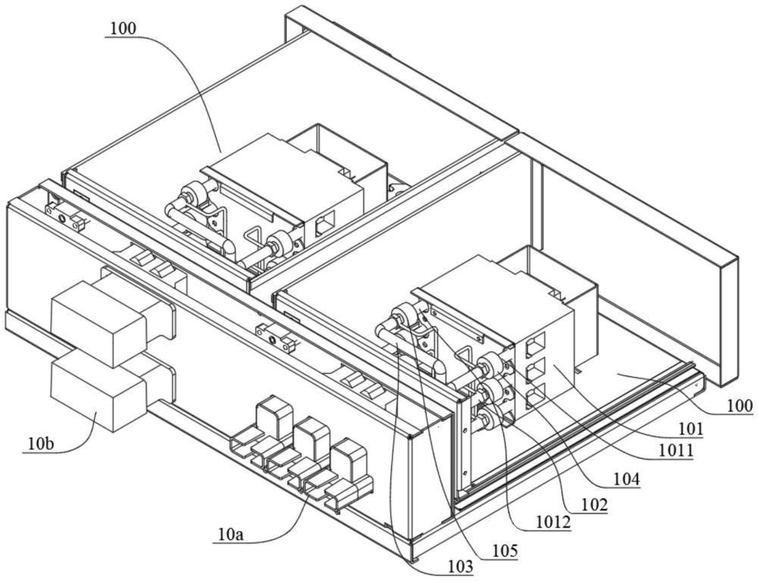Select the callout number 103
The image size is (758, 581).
(459, 566)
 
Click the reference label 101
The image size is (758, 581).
(691, 429)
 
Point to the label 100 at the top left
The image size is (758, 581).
(121, 29)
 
